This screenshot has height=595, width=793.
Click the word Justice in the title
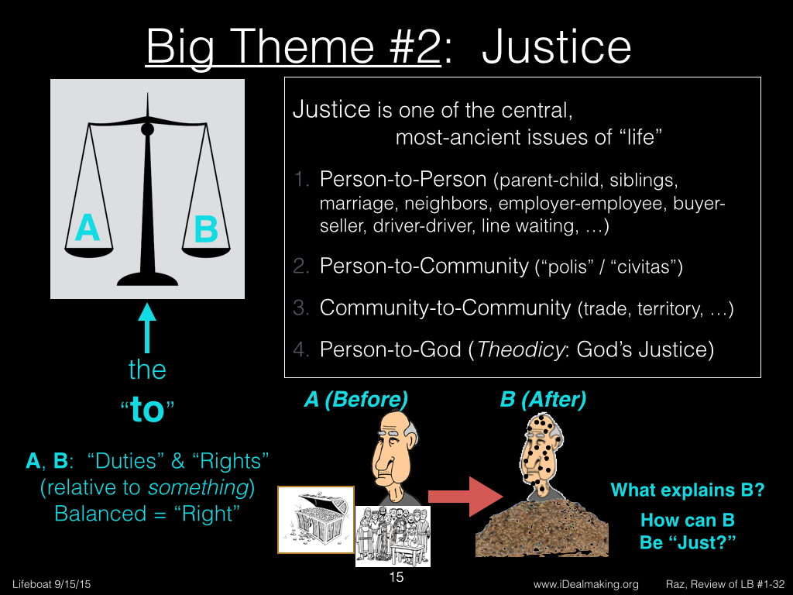[x=556, y=47]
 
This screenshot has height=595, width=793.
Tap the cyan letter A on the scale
[x=88, y=228]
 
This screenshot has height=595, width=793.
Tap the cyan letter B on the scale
[x=206, y=229]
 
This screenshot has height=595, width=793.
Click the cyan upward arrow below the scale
[x=147, y=328]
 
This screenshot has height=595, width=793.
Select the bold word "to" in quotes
[x=147, y=409]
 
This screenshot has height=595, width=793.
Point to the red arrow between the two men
[x=465, y=497]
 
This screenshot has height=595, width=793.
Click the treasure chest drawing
[x=316, y=520]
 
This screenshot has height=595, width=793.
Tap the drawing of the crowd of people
[x=393, y=536]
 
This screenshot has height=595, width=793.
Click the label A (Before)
[x=356, y=399]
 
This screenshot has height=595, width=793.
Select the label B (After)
[x=543, y=399]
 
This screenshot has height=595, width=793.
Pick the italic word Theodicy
[x=520, y=349]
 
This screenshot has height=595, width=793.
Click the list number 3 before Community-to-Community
[x=300, y=308]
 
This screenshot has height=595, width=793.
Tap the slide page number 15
[x=396, y=576]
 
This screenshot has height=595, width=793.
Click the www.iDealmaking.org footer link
[x=585, y=584]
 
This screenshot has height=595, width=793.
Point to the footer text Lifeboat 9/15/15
[x=52, y=584]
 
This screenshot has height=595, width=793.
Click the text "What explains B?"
[x=688, y=490]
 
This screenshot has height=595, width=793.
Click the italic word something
[x=198, y=487]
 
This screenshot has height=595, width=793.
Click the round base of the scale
[x=147, y=279]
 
